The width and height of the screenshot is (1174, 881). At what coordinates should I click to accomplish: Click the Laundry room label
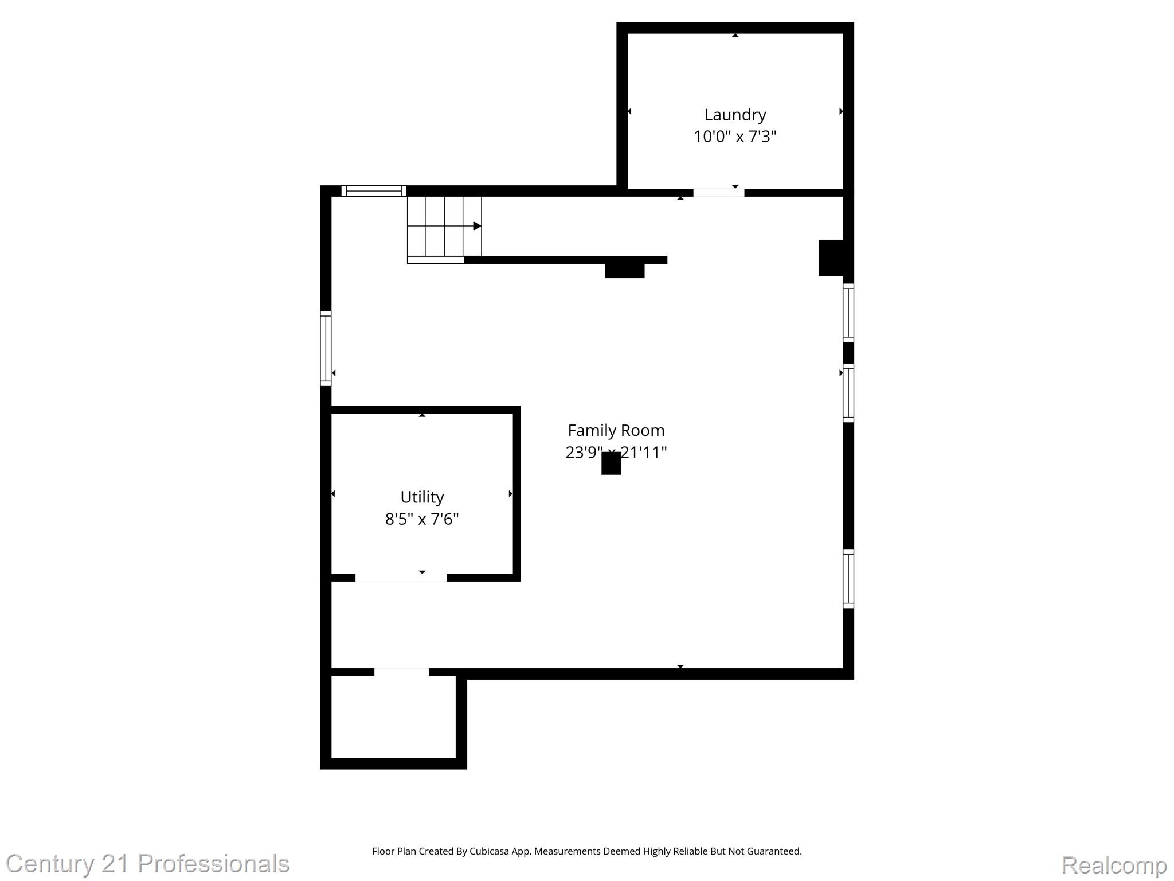coord(735,115)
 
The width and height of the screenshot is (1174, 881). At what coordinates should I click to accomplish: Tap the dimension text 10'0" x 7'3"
coord(735,137)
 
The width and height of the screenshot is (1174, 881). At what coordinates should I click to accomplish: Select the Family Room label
coord(616,430)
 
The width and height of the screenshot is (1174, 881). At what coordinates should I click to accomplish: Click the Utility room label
coord(422,497)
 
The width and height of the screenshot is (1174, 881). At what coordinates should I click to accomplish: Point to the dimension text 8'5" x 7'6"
coord(422,519)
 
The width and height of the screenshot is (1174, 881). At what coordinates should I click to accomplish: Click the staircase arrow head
coord(477,226)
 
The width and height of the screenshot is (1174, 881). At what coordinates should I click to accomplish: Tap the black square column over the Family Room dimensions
coord(611,463)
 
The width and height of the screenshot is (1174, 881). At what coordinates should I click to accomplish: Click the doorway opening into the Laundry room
coord(719,193)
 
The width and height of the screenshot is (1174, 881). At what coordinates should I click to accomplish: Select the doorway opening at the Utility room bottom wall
coord(401,578)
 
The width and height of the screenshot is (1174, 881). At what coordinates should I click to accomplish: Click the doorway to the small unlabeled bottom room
coord(401,672)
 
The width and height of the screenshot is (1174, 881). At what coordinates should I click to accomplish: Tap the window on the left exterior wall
coord(326,348)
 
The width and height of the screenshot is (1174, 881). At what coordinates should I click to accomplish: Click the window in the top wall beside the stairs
coord(374,191)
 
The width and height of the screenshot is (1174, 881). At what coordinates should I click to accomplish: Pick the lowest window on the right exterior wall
coord(848,579)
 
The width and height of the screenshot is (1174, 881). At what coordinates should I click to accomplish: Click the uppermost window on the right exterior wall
coord(848,313)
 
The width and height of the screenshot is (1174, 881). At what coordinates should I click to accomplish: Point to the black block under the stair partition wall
coord(624,271)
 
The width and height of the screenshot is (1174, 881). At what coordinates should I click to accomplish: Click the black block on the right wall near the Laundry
coord(831,258)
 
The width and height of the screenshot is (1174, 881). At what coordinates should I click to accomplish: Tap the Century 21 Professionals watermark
coord(147,864)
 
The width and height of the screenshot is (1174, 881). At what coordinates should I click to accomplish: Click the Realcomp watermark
coord(1114,865)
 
